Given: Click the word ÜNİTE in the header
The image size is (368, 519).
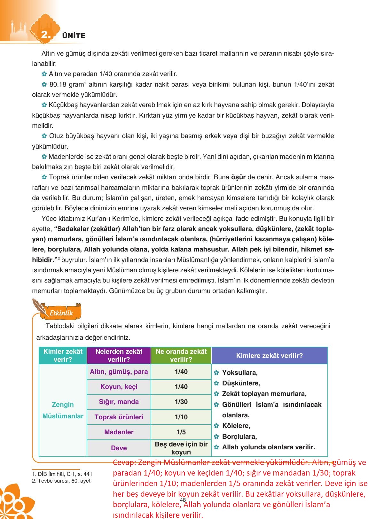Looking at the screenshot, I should tap(74, 36).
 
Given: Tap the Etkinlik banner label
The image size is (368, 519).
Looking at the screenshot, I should tap(61, 313).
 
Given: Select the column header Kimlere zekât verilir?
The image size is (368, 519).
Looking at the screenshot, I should tap(269, 356).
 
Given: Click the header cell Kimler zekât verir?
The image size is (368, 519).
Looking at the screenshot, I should tap(63, 355).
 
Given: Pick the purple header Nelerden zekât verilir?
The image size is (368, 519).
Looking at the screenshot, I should tap(119, 355).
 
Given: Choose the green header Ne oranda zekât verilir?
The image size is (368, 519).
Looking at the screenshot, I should tap(181, 355).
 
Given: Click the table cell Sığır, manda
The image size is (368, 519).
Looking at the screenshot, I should tap(119, 402).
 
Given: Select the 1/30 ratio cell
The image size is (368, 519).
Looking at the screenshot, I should tap(181, 402).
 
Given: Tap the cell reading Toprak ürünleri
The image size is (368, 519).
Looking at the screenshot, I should tap(119, 417).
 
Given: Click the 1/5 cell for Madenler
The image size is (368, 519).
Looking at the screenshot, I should tap(181, 432).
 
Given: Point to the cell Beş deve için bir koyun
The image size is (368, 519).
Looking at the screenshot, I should tap(181, 448).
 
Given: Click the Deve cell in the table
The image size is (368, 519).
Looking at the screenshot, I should tap(119, 448).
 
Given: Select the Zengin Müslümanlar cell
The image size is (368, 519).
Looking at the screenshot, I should tap(63, 410).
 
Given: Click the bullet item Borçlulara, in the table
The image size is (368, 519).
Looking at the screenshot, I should tap(239, 437).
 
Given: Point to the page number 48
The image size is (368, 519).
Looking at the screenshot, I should tap(183, 500).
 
